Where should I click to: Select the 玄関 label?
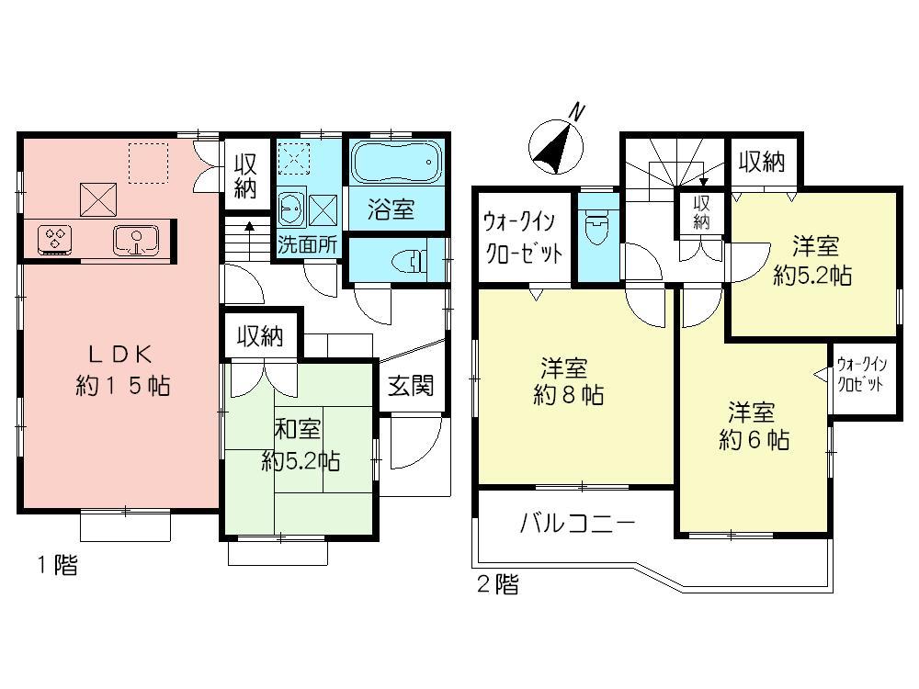(x=410, y=386)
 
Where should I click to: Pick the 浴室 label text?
(x=391, y=209)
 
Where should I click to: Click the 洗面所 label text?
(x=308, y=247)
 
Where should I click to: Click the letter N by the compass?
(x=577, y=112)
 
